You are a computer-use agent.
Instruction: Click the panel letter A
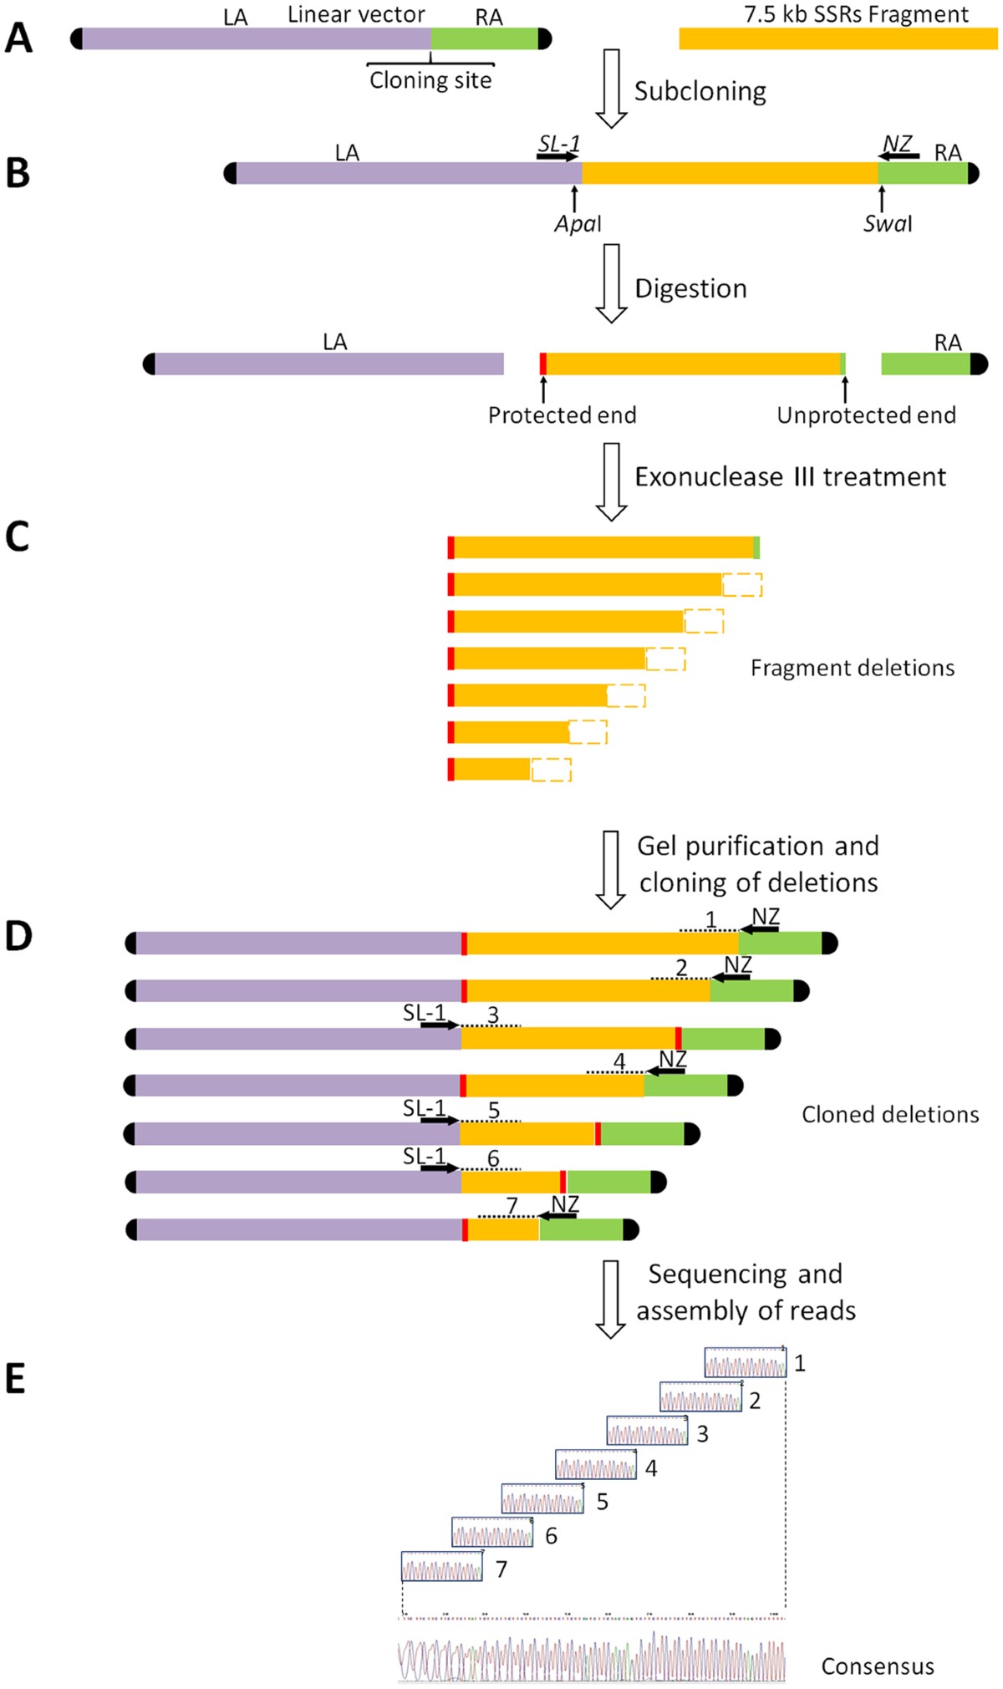pyautogui.click(x=18, y=38)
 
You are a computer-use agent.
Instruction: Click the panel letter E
pyautogui.click(x=15, y=1379)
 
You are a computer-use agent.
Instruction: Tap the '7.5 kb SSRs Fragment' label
pyautogui.click(x=856, y=14)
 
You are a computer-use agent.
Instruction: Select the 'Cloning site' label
pyautogui.click(x=430, y=80)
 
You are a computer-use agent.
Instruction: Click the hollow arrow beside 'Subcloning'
pyautogui.click(x=612, y=88)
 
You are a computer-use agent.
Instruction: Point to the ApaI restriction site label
pyautogui.click(x=578, y=224)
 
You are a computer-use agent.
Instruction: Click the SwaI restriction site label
pyautogui.click(x=888, y=224)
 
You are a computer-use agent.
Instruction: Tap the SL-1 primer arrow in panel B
pyautogui.click(x=558, y=156)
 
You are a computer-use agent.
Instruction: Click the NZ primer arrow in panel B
pyautogui.click(x=899, y=155)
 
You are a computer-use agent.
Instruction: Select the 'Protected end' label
pyautogui.click(x=562, y=415)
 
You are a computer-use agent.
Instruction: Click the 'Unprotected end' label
pyautogui.click(x=866, y=415)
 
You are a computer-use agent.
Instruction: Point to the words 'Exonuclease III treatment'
pyautogui.click(x=790, y=477)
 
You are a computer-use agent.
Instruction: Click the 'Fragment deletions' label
pyautogui.click(x=852, y=668)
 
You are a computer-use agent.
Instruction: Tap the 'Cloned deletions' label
pyautogui.click(x=890, y=1114)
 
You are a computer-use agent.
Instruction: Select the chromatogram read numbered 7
pyautogui.click(x=442, y=1567)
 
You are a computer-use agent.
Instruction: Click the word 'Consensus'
pyautogui.click(x=878, y=1666)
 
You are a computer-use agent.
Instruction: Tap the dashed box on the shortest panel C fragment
pyautogui.click(x=552, y=770)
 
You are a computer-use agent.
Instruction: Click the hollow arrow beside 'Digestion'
pyautogui.click(x=612, y=283)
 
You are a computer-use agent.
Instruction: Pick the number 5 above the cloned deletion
pyautogui.click(x=494, y=1111)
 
